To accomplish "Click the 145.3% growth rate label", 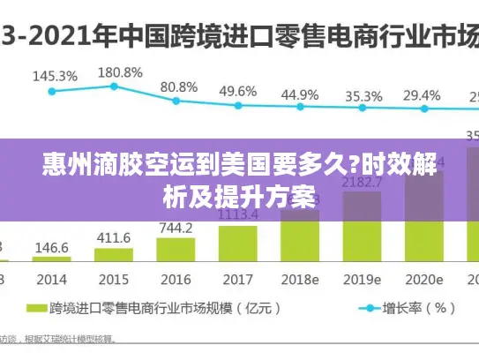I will [x=55, y=76].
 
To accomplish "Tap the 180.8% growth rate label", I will [x=119, y=71].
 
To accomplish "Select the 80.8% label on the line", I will [x=178, y=86].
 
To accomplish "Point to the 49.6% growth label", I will [x=238, y=91].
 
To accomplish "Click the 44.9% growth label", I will [x=300, y=94].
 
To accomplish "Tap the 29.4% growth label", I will [x=422, y=94].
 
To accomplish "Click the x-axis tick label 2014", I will [x=52, y=279].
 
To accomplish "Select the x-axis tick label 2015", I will [x=113, y=279].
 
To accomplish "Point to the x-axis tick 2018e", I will [x=300, y=279].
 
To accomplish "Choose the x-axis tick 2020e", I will [x=423, y=279].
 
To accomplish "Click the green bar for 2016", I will [x=176, y=250].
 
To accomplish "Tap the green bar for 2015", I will [x=114, y=256].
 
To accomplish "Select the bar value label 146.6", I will [x=52, y=248].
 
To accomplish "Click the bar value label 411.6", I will [x=114, y=237].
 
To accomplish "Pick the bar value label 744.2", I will [x=176, y=227].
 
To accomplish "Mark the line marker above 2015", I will [x=114, y=86].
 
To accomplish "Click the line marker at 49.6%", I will [x=238, y=106].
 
